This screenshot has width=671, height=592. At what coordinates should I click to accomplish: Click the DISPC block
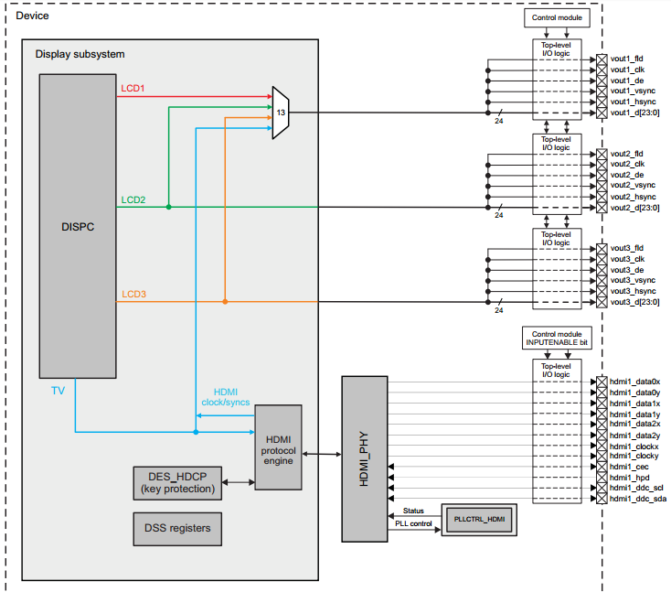[77, 225]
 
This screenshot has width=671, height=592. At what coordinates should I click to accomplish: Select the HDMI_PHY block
[365, 457]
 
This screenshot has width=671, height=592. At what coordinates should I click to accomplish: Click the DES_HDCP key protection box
[177, 482]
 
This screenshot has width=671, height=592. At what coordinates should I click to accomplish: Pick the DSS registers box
[177, 528]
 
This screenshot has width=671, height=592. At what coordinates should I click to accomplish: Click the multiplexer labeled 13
[281, 113]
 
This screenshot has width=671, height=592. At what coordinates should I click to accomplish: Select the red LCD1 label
[133, 89]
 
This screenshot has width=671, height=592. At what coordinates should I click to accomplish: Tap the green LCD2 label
[133, 199]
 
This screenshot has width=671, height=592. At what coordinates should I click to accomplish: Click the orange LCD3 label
[133, 294]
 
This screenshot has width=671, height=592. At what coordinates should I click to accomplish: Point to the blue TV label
[58, 391]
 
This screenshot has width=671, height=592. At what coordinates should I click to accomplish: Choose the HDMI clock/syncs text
[225, 397]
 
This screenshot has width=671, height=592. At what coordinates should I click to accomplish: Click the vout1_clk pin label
[628, 70]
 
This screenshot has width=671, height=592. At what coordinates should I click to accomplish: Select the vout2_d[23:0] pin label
[634, 208]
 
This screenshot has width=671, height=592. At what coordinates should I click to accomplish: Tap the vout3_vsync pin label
[632, 280]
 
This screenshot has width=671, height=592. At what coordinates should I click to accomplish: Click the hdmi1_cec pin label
[628, 466]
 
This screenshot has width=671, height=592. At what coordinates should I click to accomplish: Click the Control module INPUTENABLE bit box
[557, 338]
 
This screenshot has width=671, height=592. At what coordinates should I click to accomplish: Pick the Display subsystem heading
[80, 54]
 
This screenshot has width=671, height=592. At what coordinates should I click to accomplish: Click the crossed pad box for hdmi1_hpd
[601, 477]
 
